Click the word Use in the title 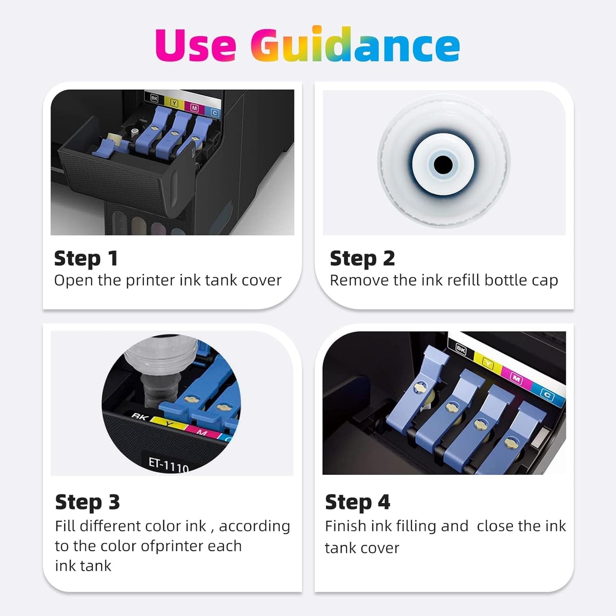196,44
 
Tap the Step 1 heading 86,259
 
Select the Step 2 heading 362,259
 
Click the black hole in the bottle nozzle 443,165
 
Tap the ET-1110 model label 168,465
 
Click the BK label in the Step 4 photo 461,350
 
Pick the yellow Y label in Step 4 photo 488,363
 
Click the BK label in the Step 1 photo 154,98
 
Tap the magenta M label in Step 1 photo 194,108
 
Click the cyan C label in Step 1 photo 215,113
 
